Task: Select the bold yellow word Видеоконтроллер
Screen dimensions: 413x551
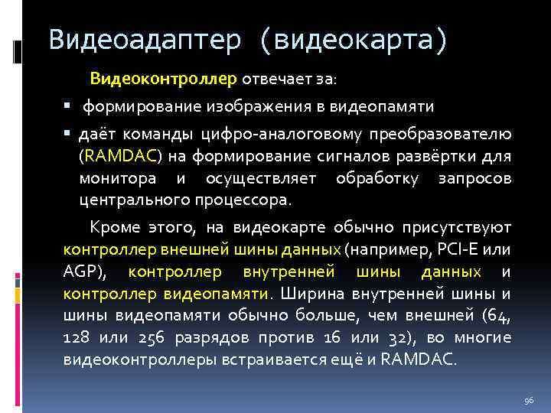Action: pyautogui.click(x=165, y=79)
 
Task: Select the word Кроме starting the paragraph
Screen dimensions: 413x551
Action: pyautogui.click(x=112, y=227)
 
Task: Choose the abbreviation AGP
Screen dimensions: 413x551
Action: pyautogui.click(x=81, y=272)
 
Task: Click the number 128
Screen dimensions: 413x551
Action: pyautogui.click(x=77, y=338)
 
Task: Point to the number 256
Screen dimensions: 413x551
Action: pyautogui.click(x=155, y=338)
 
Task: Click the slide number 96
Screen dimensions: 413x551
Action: pyautogui.click(x=528, y=400)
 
